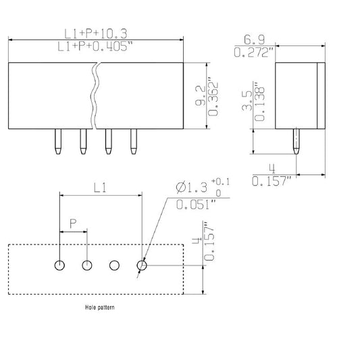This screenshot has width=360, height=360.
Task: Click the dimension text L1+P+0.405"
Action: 95,47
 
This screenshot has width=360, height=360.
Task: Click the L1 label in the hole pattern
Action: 100,190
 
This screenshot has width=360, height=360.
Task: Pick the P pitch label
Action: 73,223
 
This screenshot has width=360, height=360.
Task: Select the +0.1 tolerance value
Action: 222,182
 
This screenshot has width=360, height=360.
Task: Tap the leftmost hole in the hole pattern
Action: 60,265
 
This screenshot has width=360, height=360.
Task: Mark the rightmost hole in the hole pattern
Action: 141,265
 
